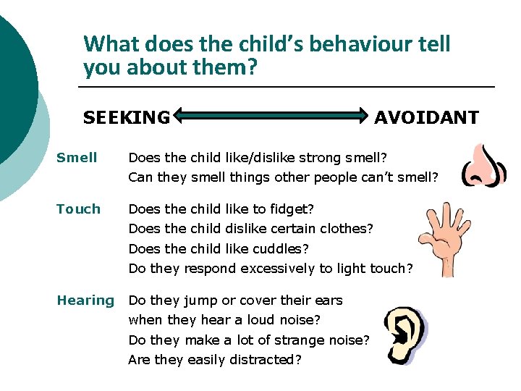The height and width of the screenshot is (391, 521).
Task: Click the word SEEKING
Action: click(127, 117)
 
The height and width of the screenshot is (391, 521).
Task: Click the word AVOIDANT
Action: click(426, 117)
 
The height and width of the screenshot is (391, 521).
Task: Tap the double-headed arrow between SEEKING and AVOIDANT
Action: click(271, 114)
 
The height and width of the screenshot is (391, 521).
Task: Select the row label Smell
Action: click(77, 157)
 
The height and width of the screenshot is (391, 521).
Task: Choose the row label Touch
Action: click(78, 209)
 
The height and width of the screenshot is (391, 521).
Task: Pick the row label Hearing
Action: click(85, 300)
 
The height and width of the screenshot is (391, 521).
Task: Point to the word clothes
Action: click(346, 229)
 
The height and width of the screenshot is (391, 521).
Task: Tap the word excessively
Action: click(277, 269)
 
